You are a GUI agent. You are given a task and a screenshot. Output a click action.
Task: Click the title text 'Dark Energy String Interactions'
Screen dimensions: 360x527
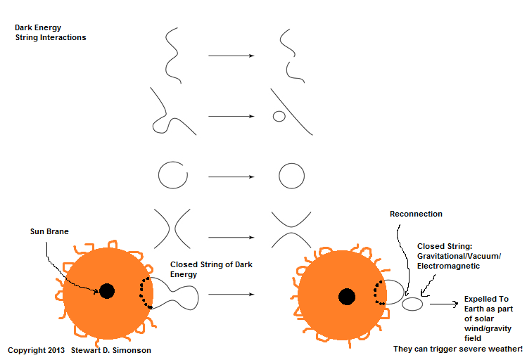pyautogui.click(x=50, y=32)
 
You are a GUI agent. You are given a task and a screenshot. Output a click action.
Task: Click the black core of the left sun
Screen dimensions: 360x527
pyautogui.click(x=106, y=290)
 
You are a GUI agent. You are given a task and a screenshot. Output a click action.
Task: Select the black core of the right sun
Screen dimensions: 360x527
pyautogui.click(x=346, y=296)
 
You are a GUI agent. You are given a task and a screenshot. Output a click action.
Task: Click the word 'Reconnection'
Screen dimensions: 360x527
pyautogui.click(x=415, y=214)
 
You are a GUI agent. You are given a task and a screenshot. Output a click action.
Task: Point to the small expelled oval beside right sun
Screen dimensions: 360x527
pyautogui.click(x=412, y=304)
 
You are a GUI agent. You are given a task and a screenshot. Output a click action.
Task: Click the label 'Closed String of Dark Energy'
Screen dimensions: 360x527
pyautogui.click(x=211, y=269)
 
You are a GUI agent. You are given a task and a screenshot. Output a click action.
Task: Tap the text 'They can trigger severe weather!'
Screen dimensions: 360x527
pyautogui.click(x=457, y=349)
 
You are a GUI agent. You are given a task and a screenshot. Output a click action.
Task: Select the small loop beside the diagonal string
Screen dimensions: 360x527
pyautogui.click(x=279, y=115)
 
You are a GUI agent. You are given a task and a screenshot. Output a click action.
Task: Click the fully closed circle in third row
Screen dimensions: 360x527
pyautogui.click(x=292, y=175)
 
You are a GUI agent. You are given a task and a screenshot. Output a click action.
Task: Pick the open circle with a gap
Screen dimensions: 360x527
pyautogui.click(x=173, y=175)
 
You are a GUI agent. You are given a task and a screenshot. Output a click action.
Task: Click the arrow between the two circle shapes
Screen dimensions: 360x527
pyautogui.click(x=231, y=176)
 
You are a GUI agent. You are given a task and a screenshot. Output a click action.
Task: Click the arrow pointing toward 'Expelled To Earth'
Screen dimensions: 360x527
pyautogui.click(x=443, y=304)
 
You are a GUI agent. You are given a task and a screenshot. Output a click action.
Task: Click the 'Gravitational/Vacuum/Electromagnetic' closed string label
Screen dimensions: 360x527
pyautogui.click(x=459, y=256)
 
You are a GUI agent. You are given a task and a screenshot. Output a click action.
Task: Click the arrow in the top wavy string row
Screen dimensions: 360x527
pyautogui.click(x=231, y=54)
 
